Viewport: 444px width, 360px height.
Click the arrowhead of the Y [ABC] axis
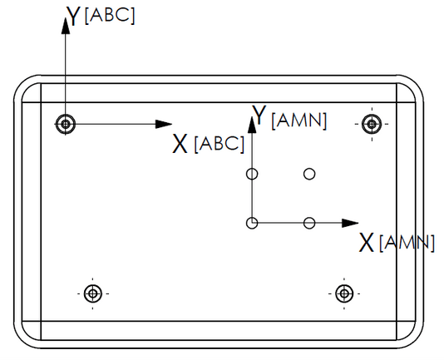click(x=66, y=27)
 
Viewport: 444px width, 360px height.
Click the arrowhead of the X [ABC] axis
click(x=164, y=124)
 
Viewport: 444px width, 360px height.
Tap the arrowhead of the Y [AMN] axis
click(x=252, y=125)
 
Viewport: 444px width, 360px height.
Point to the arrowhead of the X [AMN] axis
click(x=350, y=223)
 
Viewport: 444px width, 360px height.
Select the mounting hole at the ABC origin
click(x=66, y=124)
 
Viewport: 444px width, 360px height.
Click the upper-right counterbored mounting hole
click(x=372, y=124)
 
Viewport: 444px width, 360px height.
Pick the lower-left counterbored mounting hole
click(x=92, y=293)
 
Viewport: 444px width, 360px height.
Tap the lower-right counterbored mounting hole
click(x=344, y=293)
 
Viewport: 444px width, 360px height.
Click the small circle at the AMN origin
click(x=252, y=223)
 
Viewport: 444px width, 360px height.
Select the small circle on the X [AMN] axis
click(x=309, y=223)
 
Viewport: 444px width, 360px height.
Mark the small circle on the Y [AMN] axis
click(x=252, y=174)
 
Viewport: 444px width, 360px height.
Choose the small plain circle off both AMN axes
click(x=309, y=174)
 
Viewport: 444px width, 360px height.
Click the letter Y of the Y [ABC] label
click(x=74, y=16)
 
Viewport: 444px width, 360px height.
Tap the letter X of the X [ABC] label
click(x=180, y=144)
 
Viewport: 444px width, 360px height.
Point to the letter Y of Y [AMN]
click(x=259, y=115)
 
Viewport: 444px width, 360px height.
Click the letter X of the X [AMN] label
click(x=367, y=243)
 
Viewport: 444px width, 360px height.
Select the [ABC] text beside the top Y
click(x=110, y=16)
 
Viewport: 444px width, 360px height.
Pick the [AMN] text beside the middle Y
click(x=299, y=121)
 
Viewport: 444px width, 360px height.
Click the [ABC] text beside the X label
click(x=220, y=144)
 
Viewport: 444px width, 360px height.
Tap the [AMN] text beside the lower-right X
click(x=407, y=243)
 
